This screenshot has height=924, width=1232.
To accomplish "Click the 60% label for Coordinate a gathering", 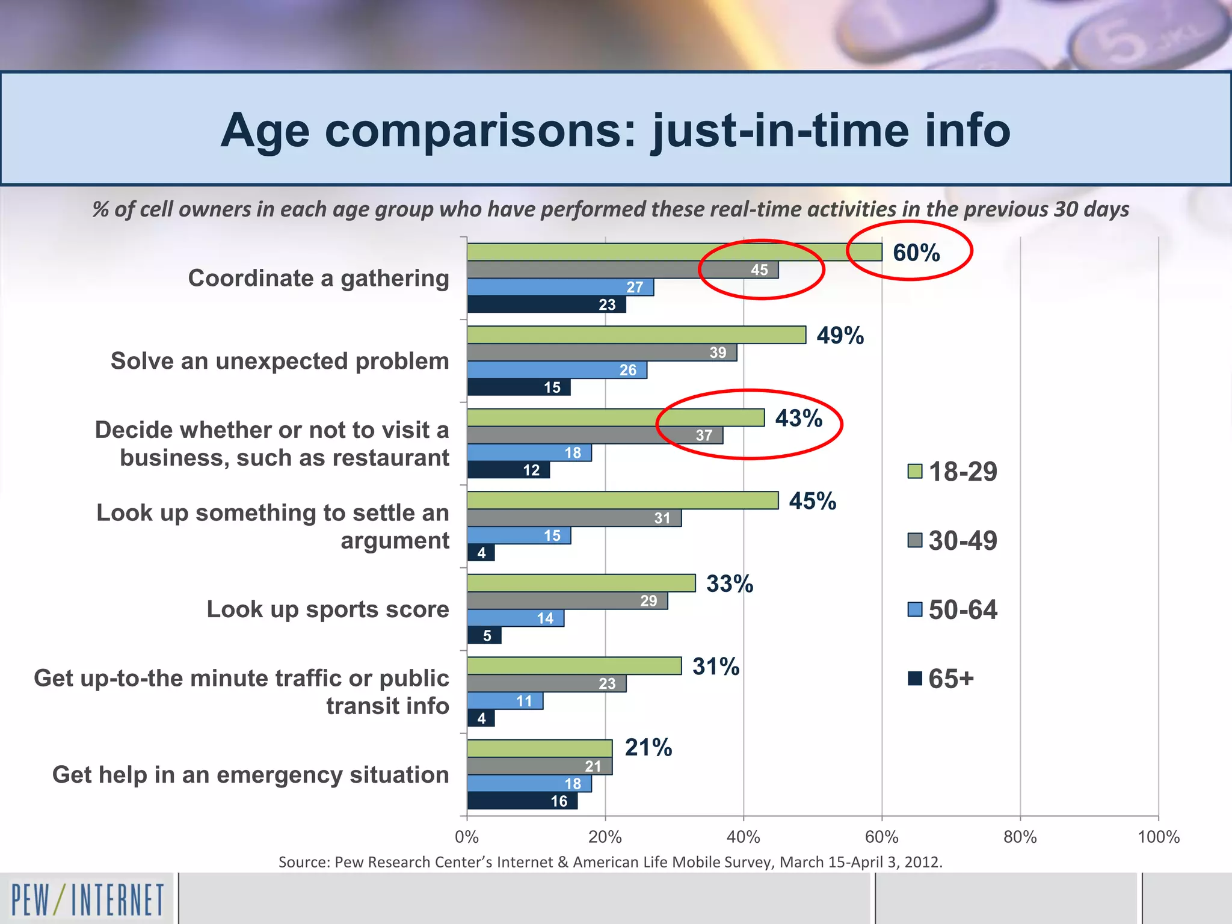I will (916, 253).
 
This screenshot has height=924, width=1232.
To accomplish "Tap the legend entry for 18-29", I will (952, 471).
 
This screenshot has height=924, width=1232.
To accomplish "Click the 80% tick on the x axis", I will (1020, 837).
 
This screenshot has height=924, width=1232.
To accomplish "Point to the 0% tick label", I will (467, 837).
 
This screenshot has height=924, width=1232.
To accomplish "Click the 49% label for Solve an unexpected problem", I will (840, 336).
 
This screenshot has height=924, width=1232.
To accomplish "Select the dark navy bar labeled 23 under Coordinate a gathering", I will (546, 304).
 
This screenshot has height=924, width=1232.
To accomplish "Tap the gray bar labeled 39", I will (602, 353).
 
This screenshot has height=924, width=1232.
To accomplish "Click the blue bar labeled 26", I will (556, 370).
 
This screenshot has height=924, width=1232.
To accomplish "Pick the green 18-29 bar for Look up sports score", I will (581, 583).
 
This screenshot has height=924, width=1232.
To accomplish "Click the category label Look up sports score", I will (328, 609).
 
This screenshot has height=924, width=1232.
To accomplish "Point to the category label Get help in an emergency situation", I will (250, 775).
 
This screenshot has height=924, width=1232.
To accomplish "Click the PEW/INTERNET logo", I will (87, 899).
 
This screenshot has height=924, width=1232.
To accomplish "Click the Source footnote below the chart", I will (610, 862).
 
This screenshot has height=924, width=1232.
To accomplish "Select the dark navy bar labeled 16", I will (522, 801).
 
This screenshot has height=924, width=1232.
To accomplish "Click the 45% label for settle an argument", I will (812, 501).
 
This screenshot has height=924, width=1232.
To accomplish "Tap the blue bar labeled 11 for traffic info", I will (505, 701).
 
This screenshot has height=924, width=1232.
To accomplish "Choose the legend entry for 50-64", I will (952, 609).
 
